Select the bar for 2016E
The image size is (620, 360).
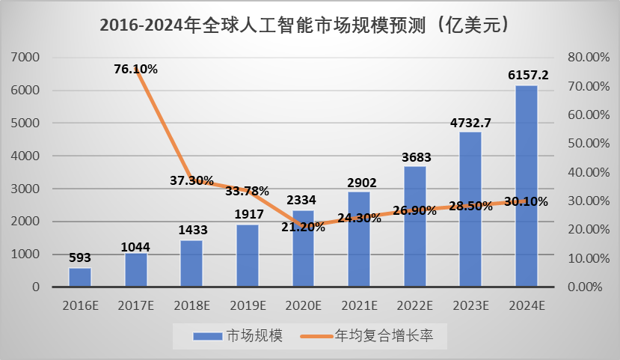[79, 277]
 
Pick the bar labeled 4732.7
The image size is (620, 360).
[470, 209]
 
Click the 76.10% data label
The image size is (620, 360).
[135, 69]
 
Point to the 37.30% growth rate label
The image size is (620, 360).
[191, 180]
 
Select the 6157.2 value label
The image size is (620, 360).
[528, 75]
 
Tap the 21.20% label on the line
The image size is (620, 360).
[303, 227]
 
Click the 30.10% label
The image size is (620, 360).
[527, 201]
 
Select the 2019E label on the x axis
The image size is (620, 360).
[248, 305]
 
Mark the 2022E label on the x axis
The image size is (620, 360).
[415, 305]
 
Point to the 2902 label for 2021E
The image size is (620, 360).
[359, 182]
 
